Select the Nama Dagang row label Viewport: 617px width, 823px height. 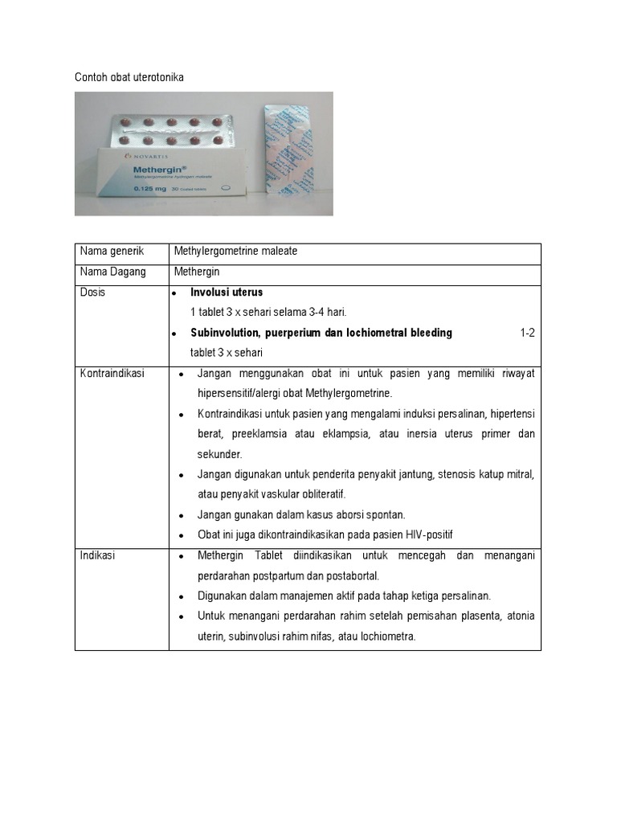[x=112, y=272]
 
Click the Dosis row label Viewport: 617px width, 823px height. [x=92, y=293]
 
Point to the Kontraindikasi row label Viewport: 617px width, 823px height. [x=112, y=374]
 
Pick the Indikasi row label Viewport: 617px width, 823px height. [x=97, y=555]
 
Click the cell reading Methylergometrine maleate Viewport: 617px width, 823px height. [x=235, y=252]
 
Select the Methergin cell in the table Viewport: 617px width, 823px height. [x=197, y=272]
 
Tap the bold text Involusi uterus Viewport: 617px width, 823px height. [x=227, y=293]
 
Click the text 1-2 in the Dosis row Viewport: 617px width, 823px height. [x=527, y=333]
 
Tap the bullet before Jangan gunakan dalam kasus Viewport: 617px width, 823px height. [x=182, y=515]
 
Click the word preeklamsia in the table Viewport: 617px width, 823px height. [x=263, y=434]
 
